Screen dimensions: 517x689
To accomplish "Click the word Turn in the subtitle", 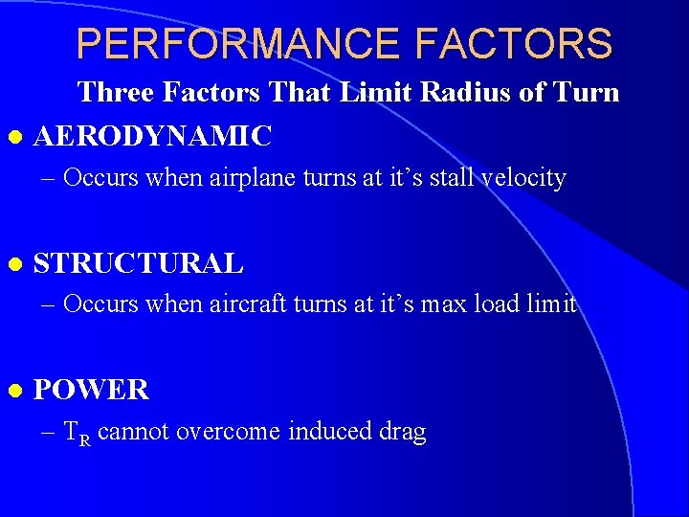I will pyautogui.click(x=587, y=93).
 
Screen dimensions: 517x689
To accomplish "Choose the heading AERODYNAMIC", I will pyautogui.click(x=152, y=136).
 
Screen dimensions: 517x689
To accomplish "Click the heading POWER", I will pyautogui.click(x=91, y=390).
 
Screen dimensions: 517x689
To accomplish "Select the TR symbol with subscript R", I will pyautogui.click(x=77, y=434).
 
